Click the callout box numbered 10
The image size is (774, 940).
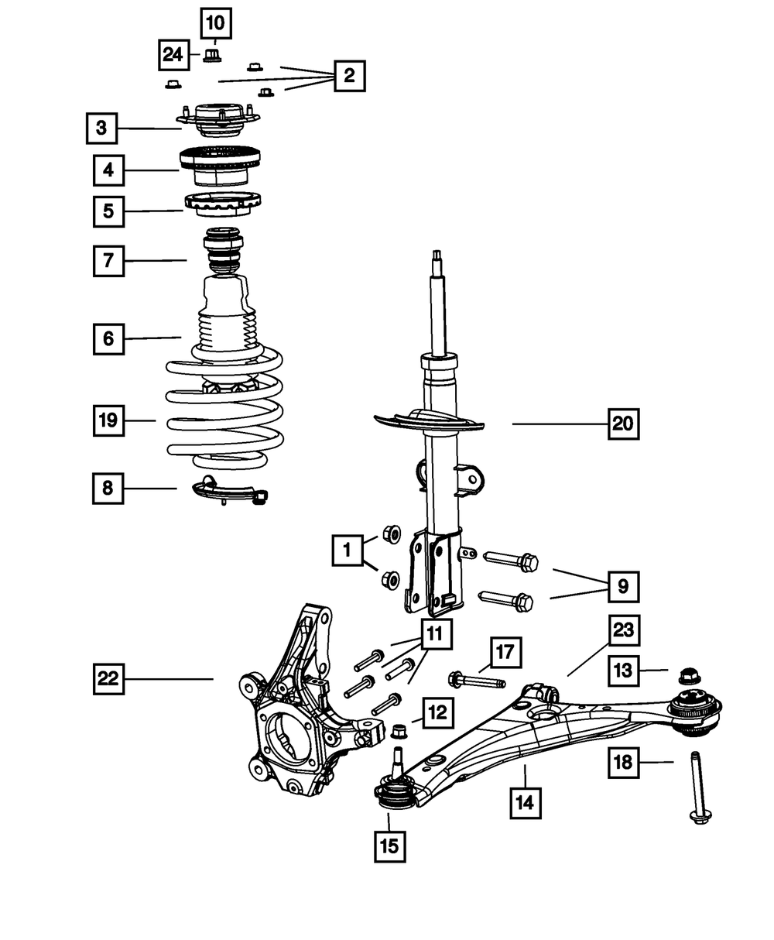[216, 23]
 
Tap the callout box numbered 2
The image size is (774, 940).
[349, 76]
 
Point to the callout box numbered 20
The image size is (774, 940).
[623, 424]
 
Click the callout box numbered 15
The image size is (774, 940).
[389, 846]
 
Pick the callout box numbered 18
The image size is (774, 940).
[623, 762]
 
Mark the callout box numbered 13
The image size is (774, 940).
[624, 671]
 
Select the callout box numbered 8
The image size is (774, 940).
[108, 488]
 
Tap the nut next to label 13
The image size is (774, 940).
[688, 676]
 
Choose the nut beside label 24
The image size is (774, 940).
[214, 55]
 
